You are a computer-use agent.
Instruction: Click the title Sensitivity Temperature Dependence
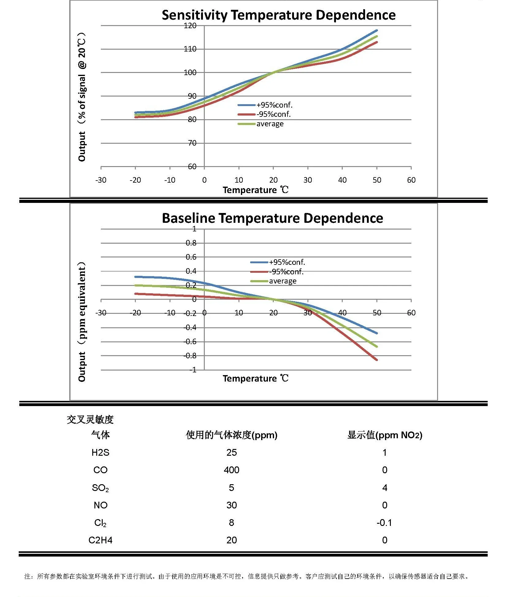point(278,15)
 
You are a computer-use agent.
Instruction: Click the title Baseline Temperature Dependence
point(272,218)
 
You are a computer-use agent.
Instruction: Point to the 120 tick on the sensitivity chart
point(190,25)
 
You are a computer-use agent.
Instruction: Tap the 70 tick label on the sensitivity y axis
point(192,143)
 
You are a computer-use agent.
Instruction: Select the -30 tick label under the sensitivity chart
point(101,180)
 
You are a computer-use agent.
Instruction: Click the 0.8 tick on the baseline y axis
point(191,243)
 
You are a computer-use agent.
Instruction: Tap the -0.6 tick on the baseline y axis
point(190,341)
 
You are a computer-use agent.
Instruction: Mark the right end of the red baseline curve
point(377,359)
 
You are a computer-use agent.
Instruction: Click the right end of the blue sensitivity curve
point(377,31)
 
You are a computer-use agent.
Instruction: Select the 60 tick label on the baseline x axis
point(411,313)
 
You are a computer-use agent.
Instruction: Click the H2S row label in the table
point(100,452)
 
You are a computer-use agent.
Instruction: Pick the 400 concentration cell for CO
point(231,470)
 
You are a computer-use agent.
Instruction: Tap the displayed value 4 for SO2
point(385,488)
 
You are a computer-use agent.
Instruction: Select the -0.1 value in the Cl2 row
point(384,523)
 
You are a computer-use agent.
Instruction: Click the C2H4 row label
point(100,540)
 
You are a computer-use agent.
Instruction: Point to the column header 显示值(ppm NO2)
point(385,435)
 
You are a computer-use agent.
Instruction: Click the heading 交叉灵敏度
point(90,419)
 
